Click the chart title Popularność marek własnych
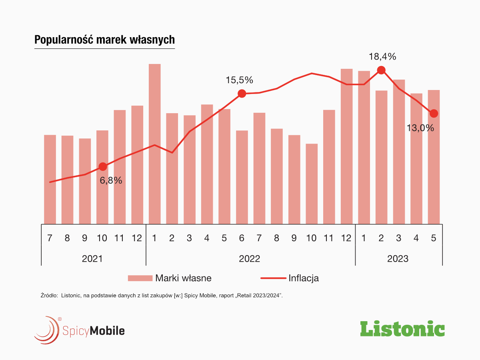coord(104,40)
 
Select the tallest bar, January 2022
coord(154,144)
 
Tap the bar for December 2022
coord(346,146)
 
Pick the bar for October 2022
coord(312,184)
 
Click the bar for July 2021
coord(50,180)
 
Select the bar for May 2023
coord(434,157)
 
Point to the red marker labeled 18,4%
coord(381,70)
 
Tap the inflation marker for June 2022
coord(242,94)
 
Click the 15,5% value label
coord(239,80)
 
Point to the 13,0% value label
coord(420,128)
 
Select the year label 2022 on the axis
coord(250,258)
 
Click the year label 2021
coord(92,258)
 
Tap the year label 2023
coord(398,258)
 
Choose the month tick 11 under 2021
coord(119,238)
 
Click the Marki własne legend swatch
coord(140,278)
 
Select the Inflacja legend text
coord(303,278)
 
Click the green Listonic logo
coord(402,329)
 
